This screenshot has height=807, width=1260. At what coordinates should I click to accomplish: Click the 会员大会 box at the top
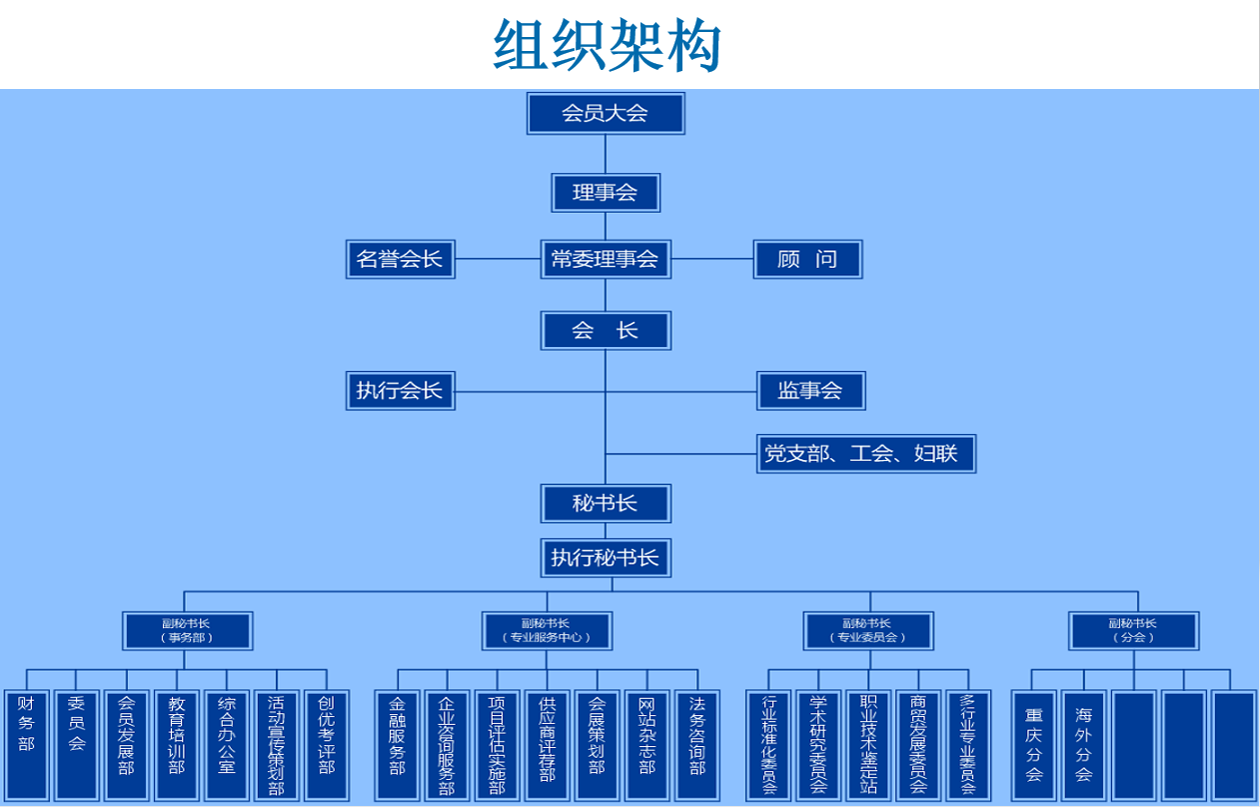pyautogui.click(x=606, y=113)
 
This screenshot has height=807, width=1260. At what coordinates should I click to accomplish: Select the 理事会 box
pyautogui.click(x=606, y=192)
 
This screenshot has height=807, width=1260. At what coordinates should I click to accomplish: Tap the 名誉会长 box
pyautogui.click(x=400, y=259)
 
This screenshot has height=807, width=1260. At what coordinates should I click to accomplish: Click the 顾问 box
pyautogui.click(x=807, y=259)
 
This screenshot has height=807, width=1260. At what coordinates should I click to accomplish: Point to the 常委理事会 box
pyautogui.click(x=606, y=259)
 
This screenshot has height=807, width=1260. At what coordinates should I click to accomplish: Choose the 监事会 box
pyautogui.click(x=810, y=390)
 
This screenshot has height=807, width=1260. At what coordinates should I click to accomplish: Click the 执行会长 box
pyautogui.click(x=400, y=390)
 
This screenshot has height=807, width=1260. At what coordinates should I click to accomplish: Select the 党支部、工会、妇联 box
pyautogui.click(x=865, y=453)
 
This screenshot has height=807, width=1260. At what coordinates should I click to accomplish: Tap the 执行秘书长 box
pyautogui.click(x=606, y=557)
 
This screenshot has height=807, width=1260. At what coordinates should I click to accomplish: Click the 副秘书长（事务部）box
pyautogui.click(x=188, y=630)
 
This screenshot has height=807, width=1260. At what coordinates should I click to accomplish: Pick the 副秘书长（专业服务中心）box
pyautogui.click(x=547, y=630)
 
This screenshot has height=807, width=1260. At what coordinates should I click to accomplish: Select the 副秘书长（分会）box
pyautogui.click(x=1133, y=630)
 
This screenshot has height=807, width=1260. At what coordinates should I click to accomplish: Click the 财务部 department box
pyautogui.click(x=26, y=744)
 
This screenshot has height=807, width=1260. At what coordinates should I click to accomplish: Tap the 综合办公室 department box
pyautogui.click(x=227, y=744)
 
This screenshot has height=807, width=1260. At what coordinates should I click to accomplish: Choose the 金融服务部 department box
pyautogui.click(x=398, y=744)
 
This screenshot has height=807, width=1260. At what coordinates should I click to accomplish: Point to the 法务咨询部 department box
pyautogui.click(x=697, y=744)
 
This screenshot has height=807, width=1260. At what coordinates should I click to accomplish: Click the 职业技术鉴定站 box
pyautogui.click(x=868, y=744)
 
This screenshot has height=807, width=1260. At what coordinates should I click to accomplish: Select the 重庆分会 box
pyautogui.click(x=1034, y=744)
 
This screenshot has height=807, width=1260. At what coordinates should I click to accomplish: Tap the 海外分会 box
pyautogui.click(x=1084, y=744)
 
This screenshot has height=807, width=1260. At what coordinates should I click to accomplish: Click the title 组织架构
pyautogui.click(x=607, y=45)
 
